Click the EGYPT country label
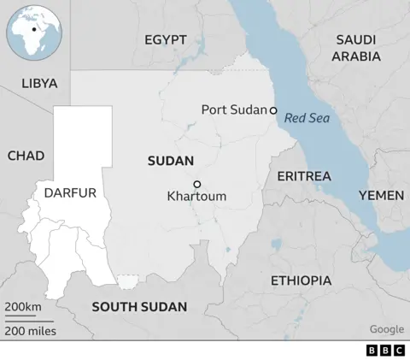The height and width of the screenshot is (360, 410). [x=166, y=40]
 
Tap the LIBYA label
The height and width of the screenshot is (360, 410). [x=40, y=84]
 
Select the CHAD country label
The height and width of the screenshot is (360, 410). [x=26, y=156]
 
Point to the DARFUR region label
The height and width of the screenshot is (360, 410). [x=69, y=192]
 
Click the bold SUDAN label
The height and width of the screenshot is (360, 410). [x=170, y=161]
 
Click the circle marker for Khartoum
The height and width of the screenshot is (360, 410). [x=196, y=184]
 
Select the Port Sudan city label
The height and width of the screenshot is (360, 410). [x=234, y=109]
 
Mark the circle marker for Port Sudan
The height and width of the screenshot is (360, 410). [x=273, y=110]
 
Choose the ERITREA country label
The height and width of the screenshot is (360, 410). [x=303, y=175]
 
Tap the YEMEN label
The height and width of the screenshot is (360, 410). [x=381, y=196]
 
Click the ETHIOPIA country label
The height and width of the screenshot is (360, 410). [x=301, y=280]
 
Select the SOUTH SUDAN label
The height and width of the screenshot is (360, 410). [x=138, y=307]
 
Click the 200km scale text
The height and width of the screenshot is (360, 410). [x=23, y=307]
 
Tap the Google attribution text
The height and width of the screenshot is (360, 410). [x=387, y=329]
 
